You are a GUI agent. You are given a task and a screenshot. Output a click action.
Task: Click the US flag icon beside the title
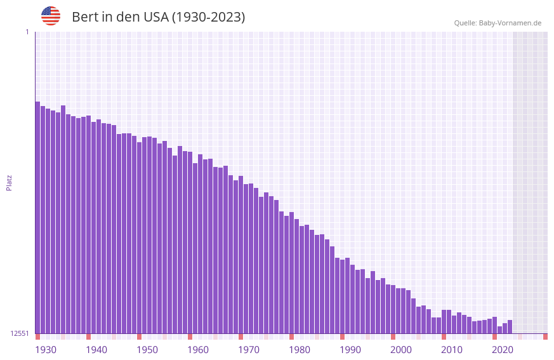[x=51, y=16]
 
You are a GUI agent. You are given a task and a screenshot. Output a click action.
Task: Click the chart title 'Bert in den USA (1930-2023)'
[x=158, y=17]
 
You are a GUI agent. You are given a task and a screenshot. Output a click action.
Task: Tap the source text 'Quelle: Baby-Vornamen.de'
[x=498, y=23]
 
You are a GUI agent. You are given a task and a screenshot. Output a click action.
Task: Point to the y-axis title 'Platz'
[x=9, y=182]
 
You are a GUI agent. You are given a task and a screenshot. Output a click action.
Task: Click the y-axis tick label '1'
[x=27, y=32]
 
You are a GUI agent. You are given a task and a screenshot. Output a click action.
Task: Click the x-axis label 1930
[x=46, y=350]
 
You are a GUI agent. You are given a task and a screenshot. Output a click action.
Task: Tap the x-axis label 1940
[x=96, y=350]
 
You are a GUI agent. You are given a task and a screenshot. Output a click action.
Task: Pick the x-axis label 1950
[x=147, y=350]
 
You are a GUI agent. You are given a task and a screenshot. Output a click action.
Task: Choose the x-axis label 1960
[x=198, y=350]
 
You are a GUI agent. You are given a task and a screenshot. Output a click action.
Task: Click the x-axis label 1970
[x=249, y=350]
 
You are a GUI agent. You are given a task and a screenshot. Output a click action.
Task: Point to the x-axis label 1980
[x=300, y=350]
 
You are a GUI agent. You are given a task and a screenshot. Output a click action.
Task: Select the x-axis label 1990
[x=350, y=350]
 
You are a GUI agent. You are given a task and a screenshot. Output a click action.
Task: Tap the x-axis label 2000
[x=401, y=350]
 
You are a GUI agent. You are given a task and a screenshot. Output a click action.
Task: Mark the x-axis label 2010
[x=452, y=350]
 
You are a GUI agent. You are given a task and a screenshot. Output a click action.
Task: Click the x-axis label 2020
[x=503, y=350]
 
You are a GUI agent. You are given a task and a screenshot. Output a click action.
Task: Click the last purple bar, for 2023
[x=510, y=326]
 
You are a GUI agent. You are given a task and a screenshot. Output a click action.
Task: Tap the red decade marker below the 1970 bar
[x=241, y=337]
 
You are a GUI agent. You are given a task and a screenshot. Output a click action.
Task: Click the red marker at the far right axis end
[x=545, y=337]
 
